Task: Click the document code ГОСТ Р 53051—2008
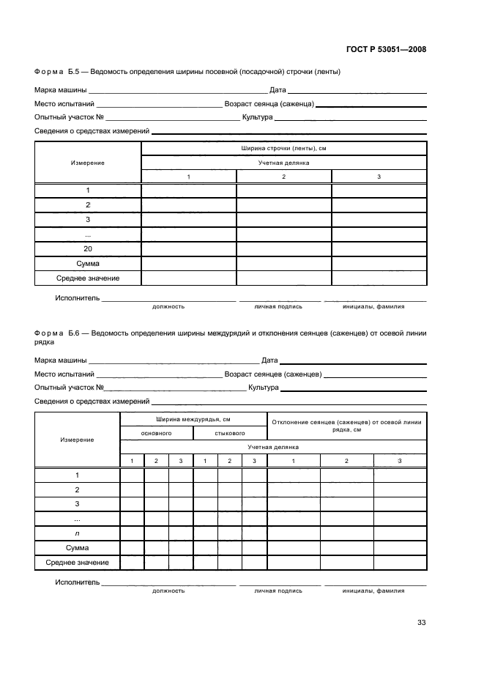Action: pyautogui.click(x=385, y=50)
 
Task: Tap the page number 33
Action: pyautogui.click(x=421, y=623)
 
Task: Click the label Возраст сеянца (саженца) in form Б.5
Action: pyautogui.click(x=269, y=104)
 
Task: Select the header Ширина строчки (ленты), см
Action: pyautogui.click(x=283, y=149)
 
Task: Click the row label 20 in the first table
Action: pyautogui.click(x=88, y=249)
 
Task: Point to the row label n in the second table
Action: pyautogui.click(x=77, y=533)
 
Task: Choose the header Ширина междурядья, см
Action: pyautogui.click(x=193, y=419)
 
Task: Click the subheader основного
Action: pyautogui.click(x=156, y=433)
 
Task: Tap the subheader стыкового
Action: pyautogui.click(x=230, y=433)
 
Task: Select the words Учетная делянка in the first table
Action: pyautogui.click(x=283, y=163)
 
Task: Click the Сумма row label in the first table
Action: pyautogui.click(x=88, y=264)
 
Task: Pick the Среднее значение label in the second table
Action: pyautogui.click(x=77, y=563)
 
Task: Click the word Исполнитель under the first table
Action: pyautogui.click(x=77, y=298)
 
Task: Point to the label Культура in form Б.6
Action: pyautogui.click(x=264, y=388)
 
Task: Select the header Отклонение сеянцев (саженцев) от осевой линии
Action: pyautogui.click(x=346, y=422)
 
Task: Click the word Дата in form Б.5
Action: pyautogui.click(x=278, y=90)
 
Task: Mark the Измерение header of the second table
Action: pyautogui.click(x=77, y=440)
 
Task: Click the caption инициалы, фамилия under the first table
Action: pyautogui.click(x=373, y=307)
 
